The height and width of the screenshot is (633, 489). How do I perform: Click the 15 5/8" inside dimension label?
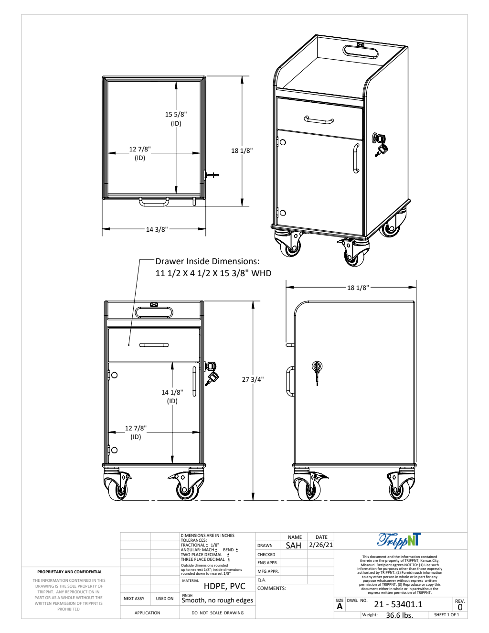(x=176, y=115)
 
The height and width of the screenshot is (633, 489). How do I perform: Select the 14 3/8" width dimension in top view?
(x=157, y=229)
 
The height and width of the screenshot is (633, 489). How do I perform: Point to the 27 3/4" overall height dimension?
(x=253, y=379)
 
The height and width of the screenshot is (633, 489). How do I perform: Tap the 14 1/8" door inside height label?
(x=172, y=392)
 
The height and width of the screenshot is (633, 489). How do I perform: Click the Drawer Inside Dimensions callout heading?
(x=207, y=261)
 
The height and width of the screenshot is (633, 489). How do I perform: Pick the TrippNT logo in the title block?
(x=399, y=540)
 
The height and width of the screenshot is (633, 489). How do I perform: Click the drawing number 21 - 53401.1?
(x=398, y=604)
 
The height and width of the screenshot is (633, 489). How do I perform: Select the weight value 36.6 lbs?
(x=399, y=615)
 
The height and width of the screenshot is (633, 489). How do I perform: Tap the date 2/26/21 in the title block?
(x=321, y=545)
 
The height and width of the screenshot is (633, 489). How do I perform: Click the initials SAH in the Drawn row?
(x=293, y=546)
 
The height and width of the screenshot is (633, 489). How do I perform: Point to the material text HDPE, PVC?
(x=224, y=586)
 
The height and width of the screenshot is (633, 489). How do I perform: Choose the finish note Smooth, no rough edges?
(x=217, y=601)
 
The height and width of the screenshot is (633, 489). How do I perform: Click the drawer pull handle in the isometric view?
(x=319, y=120)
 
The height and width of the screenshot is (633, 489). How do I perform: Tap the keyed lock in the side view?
(x=317, y=367)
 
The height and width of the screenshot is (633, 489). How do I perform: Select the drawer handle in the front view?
(x=154, y=345)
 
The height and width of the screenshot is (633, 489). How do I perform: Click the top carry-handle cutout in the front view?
(x=154, y=312)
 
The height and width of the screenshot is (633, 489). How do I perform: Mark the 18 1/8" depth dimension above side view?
(x=358, y=288)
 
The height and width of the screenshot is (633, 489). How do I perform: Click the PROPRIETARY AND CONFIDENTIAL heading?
(x=70, y=572)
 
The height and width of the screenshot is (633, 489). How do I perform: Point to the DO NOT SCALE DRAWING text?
(x=217, y=613)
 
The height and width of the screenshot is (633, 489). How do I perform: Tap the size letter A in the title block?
(x=340, y=607)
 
